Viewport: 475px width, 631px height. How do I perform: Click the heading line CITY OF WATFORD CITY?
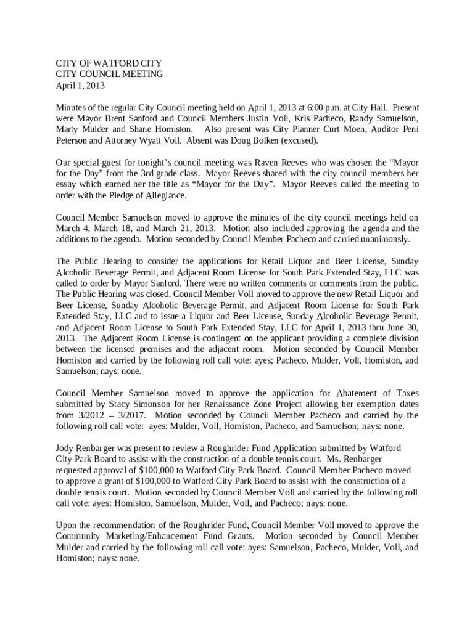(x=109, y=63)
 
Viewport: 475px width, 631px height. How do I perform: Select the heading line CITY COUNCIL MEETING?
(x=109, y=74)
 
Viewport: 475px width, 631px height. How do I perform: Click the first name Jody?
(x=65, y=448)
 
